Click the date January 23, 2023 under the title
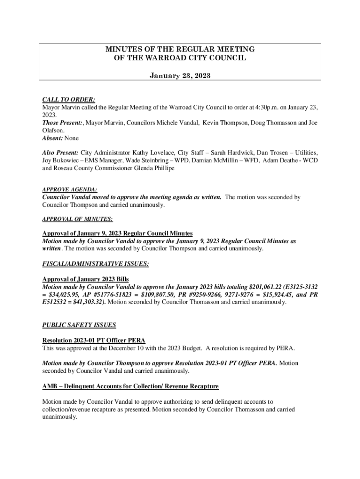coord(180,75)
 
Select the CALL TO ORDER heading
coord(69,100)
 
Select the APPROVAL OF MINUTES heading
coord(77,218)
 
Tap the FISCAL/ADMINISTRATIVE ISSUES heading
coord(95,264)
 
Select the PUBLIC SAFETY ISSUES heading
coord(79,325)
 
